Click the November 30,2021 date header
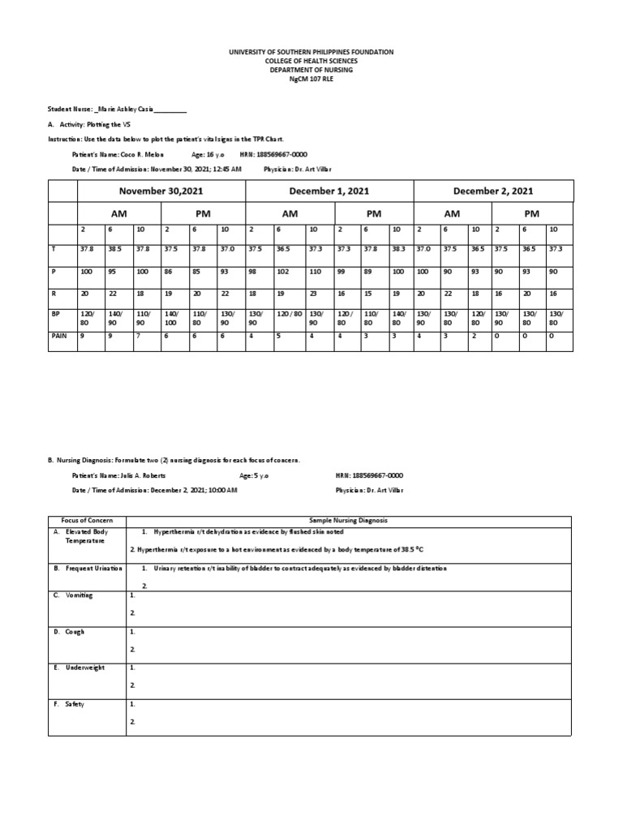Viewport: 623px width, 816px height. [161, 191]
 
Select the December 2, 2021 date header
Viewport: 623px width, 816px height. [493, 191]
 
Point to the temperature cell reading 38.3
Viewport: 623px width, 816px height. [398, 250]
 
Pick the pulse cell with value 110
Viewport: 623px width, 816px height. [316, 272]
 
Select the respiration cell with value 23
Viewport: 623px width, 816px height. [313, 293]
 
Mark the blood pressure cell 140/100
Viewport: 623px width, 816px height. [171, 317]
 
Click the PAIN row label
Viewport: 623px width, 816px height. [58, 334]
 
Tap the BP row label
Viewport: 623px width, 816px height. [54, 312]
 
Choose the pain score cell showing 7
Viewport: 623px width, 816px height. [139, 334]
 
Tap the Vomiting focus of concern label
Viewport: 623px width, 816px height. [79, 595]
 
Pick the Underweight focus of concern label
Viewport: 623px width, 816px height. [84, 668]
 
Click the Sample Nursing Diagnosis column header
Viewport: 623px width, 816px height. [349, 519]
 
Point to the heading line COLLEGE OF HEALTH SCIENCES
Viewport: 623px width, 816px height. [311, 61]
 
